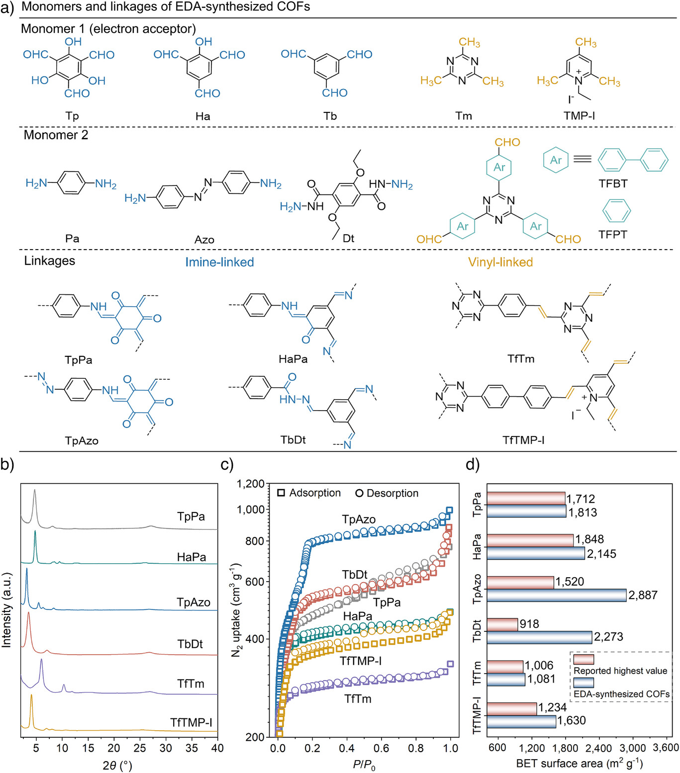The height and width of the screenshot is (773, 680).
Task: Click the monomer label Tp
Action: click(72, 116)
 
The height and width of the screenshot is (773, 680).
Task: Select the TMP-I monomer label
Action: click(579, 116)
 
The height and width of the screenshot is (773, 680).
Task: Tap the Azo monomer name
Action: click(204, 240)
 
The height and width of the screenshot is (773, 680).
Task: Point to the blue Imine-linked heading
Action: click(219, 262)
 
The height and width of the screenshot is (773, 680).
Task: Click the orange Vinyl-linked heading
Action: click(500, 262)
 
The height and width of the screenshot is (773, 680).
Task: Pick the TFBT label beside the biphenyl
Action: click(613, 183)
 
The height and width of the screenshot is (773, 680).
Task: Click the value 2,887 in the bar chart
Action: click(643, 595)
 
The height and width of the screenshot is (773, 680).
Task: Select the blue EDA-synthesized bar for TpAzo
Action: click(556, 595)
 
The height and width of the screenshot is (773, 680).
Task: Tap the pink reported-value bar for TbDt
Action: click(502, 624)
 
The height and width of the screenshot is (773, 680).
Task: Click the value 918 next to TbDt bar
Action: click(529, 624)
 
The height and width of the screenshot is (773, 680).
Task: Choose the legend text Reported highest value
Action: click(620, 671)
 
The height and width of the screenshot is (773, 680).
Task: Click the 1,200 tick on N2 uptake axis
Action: click(250, 484)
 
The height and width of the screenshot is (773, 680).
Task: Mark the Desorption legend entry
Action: click(387, 493)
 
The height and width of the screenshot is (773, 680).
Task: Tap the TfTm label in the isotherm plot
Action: click(358, 699)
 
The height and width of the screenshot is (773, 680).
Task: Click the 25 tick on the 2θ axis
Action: click(140, 748)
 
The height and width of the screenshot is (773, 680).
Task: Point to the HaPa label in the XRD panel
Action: click(192, 557)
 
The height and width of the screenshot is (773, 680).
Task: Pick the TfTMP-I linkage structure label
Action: click(523, 440)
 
